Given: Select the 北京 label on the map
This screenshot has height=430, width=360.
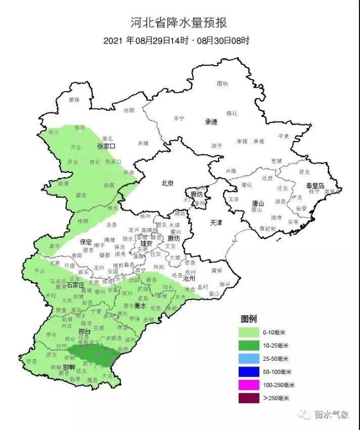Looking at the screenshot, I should (167, 183).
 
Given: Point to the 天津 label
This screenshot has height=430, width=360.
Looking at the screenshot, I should (216, 223).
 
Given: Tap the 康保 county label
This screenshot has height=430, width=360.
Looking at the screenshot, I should (74, 99).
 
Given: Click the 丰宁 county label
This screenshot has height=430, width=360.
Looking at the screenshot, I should (179, 119).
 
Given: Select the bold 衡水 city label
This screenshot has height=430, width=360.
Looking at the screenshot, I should (141, 305).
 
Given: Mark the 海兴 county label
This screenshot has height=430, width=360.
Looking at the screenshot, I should (225, 284).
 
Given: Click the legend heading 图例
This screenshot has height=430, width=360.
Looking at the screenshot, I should (249, 319).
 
